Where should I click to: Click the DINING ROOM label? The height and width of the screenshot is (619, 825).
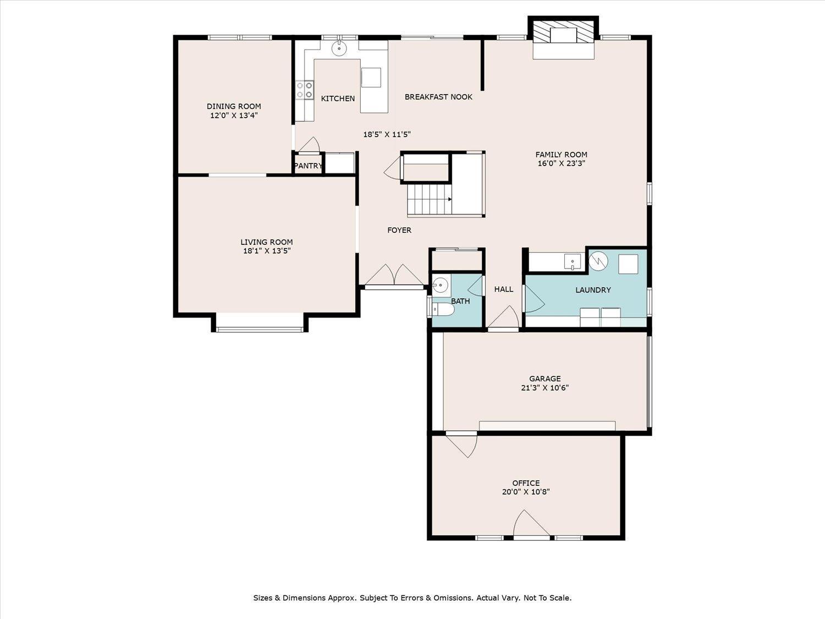[x=234, y=106]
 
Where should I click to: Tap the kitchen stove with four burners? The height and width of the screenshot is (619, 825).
[x=305, y=90]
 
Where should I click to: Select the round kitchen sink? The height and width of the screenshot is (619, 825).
[x=339, y=48]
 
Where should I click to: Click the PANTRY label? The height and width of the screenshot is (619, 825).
[x=308, y=166]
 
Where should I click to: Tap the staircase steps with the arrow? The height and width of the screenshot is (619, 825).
[x=429, y=199]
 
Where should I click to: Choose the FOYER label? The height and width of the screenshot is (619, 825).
[x=399, y=230]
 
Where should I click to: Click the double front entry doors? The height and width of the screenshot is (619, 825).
[x=394, y=276]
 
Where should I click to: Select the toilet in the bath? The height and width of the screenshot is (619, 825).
[x=443, y=311]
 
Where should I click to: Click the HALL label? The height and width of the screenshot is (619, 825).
[x=503, y=289]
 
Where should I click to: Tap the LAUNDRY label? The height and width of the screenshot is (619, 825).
[x=593, y=290]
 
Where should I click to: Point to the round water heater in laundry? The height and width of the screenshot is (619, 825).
[x=598, y=261]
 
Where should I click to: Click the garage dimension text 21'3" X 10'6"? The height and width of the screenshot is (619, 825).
[x=544, y=387]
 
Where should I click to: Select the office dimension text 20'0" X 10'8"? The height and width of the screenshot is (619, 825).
[x=526, y=492]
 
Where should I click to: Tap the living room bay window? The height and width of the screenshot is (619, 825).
[x=259, y=329]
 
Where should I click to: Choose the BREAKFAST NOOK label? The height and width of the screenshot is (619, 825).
[x=438, y=97]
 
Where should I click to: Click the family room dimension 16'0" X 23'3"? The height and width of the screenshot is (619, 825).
[x=561, y=163]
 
